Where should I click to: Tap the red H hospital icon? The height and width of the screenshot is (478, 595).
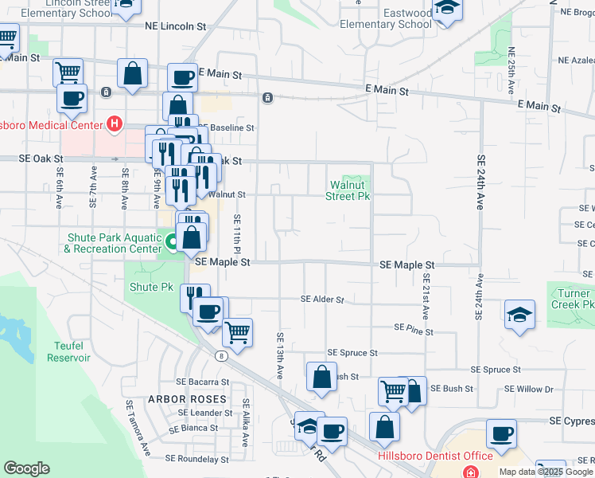[115, 124]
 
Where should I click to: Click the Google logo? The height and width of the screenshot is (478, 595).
[26, 468]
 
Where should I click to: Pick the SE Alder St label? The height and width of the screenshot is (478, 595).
[322, 300]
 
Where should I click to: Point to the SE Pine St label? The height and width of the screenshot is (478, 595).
[413, 328]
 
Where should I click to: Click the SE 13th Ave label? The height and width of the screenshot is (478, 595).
[280, 355]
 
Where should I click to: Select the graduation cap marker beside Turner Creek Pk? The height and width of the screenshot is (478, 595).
[519, 314]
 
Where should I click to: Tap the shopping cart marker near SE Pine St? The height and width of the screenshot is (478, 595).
[237, 331]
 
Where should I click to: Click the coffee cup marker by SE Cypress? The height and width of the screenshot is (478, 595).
[501, 433]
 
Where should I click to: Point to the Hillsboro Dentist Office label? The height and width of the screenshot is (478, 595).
[434, 456]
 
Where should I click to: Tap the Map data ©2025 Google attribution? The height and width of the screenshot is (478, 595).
[546, 472]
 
